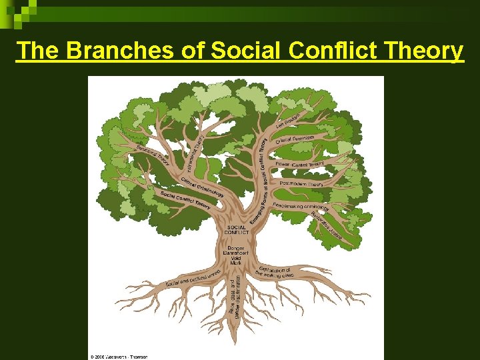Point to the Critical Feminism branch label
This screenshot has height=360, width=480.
click(x=295, y=137)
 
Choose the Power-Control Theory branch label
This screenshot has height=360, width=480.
click(x=299, y=163)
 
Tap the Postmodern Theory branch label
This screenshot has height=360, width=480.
click(x=302, y=183)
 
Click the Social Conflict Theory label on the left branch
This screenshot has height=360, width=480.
click(x=185, y=199)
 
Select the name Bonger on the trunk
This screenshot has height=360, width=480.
click(x=236, y=247)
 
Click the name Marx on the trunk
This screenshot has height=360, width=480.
click(x=236, y=263)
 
